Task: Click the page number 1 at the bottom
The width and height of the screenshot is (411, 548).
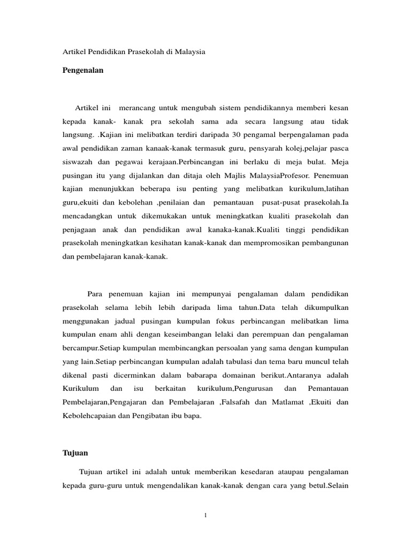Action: pyautogui.click(x=205, y=515)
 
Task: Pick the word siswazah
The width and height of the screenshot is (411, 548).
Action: pyautogui.click(x=78, y=161)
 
